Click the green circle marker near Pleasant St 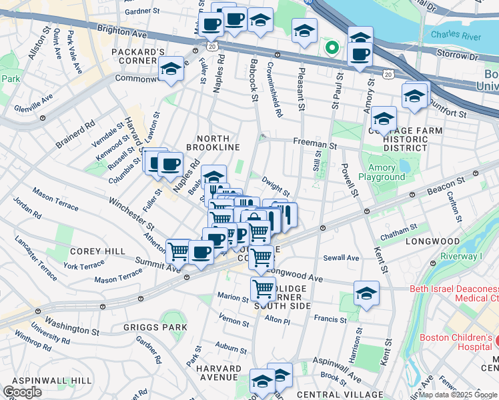tap(332, 47)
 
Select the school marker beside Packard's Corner tap(171, 69)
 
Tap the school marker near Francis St tap(366, 293)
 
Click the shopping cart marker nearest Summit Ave tap(178, 251)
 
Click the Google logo tap(23, 392)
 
